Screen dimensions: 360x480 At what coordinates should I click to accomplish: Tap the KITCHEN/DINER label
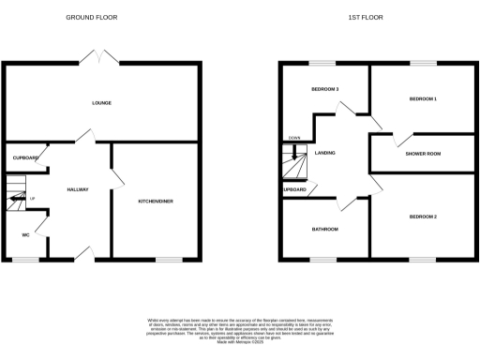click(155, 202)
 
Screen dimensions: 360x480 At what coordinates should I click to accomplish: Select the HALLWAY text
click(78, 189)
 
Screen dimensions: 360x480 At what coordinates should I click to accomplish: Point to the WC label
click(26, 235)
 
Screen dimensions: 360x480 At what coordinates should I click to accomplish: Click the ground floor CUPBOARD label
click(24, 158)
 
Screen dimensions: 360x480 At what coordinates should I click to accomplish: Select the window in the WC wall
click(25, 260)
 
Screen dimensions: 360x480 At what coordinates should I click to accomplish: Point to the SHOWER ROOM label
click(423, 153)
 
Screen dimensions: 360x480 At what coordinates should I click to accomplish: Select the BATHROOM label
click(325, 229)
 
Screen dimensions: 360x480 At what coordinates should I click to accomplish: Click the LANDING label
click(325, 153)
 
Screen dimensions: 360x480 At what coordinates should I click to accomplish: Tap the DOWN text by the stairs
click(293, 138)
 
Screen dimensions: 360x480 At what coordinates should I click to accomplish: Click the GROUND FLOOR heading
click(90, 18)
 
